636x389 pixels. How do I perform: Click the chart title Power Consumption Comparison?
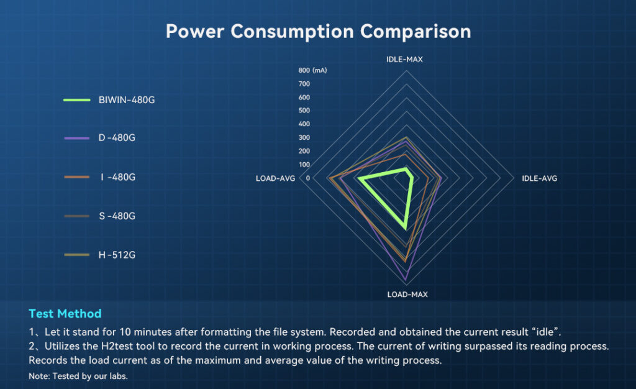pos(318,30)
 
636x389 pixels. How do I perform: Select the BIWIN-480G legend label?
pos(126,99)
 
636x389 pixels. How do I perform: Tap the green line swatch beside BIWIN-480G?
pos(77,99)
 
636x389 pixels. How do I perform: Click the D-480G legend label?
pos(117,138)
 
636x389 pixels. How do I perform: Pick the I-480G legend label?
pos(117,177)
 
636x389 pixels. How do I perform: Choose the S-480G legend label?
pos(117,216)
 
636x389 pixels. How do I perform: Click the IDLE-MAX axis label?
pos(405,60)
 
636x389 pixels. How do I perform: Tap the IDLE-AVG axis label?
pos(539,178)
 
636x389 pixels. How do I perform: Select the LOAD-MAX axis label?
pos(407,294)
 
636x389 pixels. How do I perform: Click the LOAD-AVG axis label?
pos(275,178)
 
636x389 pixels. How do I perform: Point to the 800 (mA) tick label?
pos(312,70)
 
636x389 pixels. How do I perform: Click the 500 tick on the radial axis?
pos(304,111)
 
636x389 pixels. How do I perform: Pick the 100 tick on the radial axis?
pos(304,164)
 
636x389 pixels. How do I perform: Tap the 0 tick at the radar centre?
pos(307,178)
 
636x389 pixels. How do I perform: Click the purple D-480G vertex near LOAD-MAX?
pos(406,278)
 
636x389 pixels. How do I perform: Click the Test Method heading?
pos(65,313)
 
